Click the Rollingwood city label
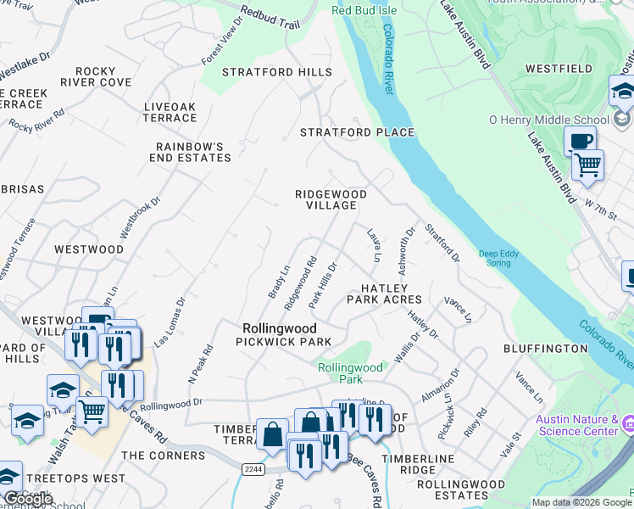[x=279, y=327]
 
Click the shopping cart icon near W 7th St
[x=587, y=164]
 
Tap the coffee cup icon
[x=580, y=141]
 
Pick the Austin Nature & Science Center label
[x=578, y=426]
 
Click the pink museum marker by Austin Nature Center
[x=627, y=422]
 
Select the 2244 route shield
[x=252, y=468]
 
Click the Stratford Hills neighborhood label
[x=277, y=72]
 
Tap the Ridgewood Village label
[x=331, y=199]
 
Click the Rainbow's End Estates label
[x=190, y=152]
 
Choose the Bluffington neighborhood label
[x=545, y=349]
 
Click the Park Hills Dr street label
[x=323, y=284]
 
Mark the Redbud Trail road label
[x=270, y=18]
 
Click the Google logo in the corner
[x=27, y=499]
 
